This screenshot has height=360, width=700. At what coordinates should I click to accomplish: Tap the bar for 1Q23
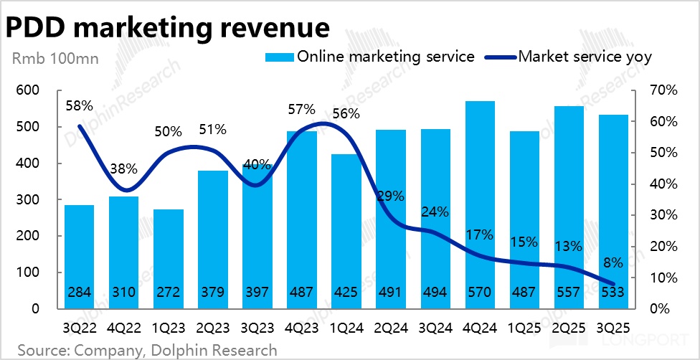168,258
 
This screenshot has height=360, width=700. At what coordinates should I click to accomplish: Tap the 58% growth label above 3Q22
79,105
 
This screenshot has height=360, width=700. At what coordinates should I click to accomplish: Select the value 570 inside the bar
481,293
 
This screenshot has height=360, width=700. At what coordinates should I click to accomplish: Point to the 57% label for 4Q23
302,109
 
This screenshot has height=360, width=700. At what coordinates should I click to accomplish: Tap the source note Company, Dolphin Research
147,350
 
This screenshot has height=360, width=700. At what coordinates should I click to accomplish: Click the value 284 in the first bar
79,293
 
